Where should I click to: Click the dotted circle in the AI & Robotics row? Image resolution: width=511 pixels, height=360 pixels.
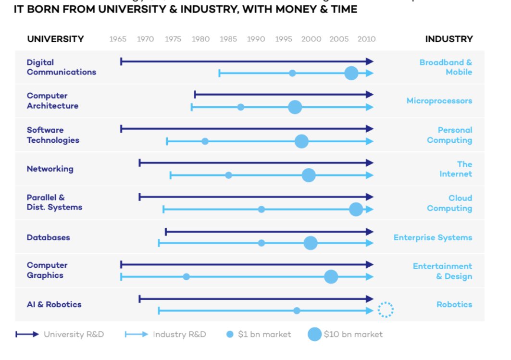[x=386, y=310]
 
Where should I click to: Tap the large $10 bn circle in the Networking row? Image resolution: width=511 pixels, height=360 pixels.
[x=309, y=175]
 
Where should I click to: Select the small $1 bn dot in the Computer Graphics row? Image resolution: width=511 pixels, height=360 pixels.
[x=187, y=277]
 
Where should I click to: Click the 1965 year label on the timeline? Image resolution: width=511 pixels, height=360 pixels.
[x=118, y=39]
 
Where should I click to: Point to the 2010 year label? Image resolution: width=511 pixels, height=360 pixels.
[x=366, y=39]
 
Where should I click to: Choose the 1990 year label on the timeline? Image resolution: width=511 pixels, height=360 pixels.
[x=256, y=39]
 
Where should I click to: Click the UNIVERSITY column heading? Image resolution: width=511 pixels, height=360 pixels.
[x=55, y=39]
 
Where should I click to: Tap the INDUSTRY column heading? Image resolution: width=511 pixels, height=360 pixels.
[x=449, y=39]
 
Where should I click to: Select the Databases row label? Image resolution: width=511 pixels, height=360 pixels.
[x=48, y=237]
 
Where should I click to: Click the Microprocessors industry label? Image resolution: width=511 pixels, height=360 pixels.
[x=439, y=101]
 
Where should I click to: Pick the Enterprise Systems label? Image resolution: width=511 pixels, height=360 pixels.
[x=433, y=237]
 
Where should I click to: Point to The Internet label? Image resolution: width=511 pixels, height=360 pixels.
[x=456, y=169]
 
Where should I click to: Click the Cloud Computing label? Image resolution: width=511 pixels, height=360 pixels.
[x=449, y=203]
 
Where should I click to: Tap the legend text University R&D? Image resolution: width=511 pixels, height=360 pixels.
[x=74, y=335]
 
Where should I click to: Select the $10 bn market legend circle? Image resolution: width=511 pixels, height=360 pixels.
[x=314, y=335]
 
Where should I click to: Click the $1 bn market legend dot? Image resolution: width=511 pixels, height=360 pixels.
[x=230, y=335]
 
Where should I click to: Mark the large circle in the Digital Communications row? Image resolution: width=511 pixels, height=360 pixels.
[x=351, y=74]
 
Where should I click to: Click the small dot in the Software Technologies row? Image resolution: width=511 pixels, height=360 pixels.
[x=205, y=141]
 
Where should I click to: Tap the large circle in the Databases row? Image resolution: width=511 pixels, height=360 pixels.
[x=311, y=243]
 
